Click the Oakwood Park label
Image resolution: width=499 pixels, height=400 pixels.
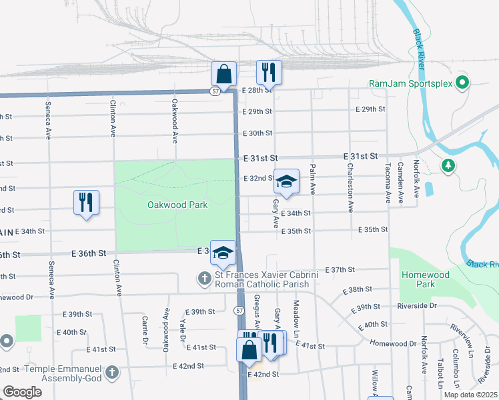[x=177, y=205]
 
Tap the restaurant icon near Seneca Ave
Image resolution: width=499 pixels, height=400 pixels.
[x=86, y=202]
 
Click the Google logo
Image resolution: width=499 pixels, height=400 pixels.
[x=23, y=391]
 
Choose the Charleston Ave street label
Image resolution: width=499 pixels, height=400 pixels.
[x=350, y=189]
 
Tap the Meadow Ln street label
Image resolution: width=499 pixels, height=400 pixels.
[x=296, y=317]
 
